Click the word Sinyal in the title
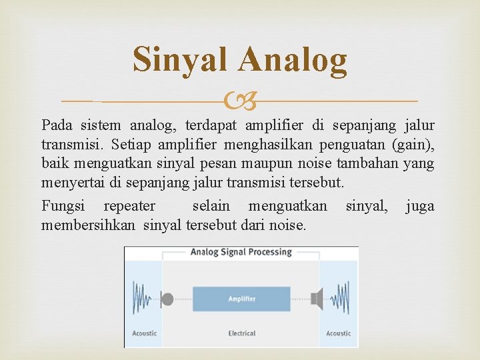tap(181, 59)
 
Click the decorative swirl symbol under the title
tap(240, 101)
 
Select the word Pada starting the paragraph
tap(57, 125)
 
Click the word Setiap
tap(133, 144)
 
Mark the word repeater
tap(129, 207)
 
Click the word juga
tap(420, 207)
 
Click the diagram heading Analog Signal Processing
tap(241, 252)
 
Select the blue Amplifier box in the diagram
tap(241, 299)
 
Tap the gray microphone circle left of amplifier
tap(167, 299)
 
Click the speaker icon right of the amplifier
tap(317, 298)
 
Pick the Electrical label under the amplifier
tap(241, 333)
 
